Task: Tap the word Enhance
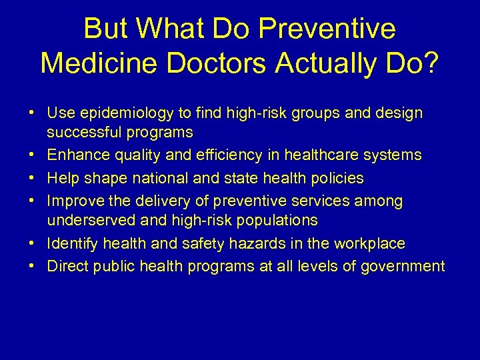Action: click(73, 155)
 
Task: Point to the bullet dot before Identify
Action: click(33, 244)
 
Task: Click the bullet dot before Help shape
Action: click(33, 178)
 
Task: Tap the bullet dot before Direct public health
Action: click(33, 267)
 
